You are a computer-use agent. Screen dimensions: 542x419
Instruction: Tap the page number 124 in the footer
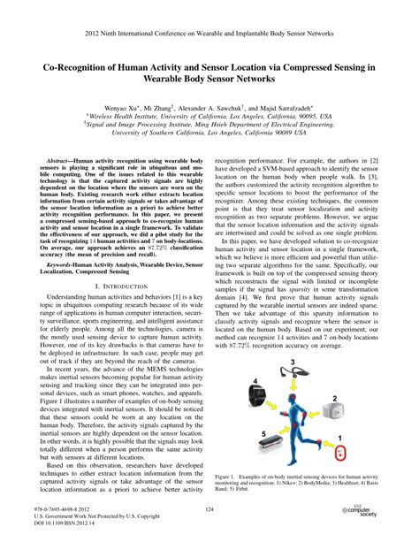pyautogui.click(x=209, y=509)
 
